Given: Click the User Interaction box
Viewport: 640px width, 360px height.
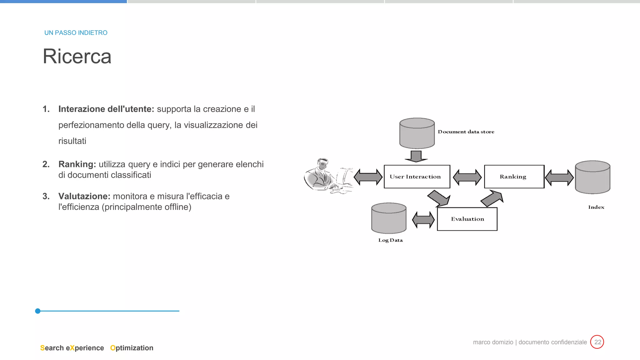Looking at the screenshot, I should tap(417, 177).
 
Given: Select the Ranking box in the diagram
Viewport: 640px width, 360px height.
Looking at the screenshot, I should tap(514, 177).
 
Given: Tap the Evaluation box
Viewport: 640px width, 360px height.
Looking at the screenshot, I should tap(467, 219).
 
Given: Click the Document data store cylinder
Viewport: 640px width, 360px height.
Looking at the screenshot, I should tap(417, 133).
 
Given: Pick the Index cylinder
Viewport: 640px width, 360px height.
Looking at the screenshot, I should tap(592, 177).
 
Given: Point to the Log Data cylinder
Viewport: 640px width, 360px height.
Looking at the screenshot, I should tap(389, 218).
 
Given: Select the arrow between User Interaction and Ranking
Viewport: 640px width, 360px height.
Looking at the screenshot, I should tap(467, 177).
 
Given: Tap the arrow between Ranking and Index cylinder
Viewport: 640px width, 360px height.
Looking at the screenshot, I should tap(559, 177).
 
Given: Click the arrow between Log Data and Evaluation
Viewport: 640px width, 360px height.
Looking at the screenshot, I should tap(423, 220).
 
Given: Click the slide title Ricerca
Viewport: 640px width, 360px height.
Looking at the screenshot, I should tap(77, 57).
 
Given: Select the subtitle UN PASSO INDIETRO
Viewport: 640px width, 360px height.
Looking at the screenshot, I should tap(76, 33).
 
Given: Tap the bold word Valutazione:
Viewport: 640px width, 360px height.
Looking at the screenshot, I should tap(84, 196).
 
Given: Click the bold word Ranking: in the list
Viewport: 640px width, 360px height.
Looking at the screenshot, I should tap(77, 164).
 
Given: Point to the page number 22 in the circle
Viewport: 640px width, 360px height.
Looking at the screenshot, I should tap(597, 342).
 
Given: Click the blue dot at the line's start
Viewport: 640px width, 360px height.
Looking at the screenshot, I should tap(38, 311).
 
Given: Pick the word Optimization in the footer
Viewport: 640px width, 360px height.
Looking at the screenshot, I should tap(132, 348).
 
